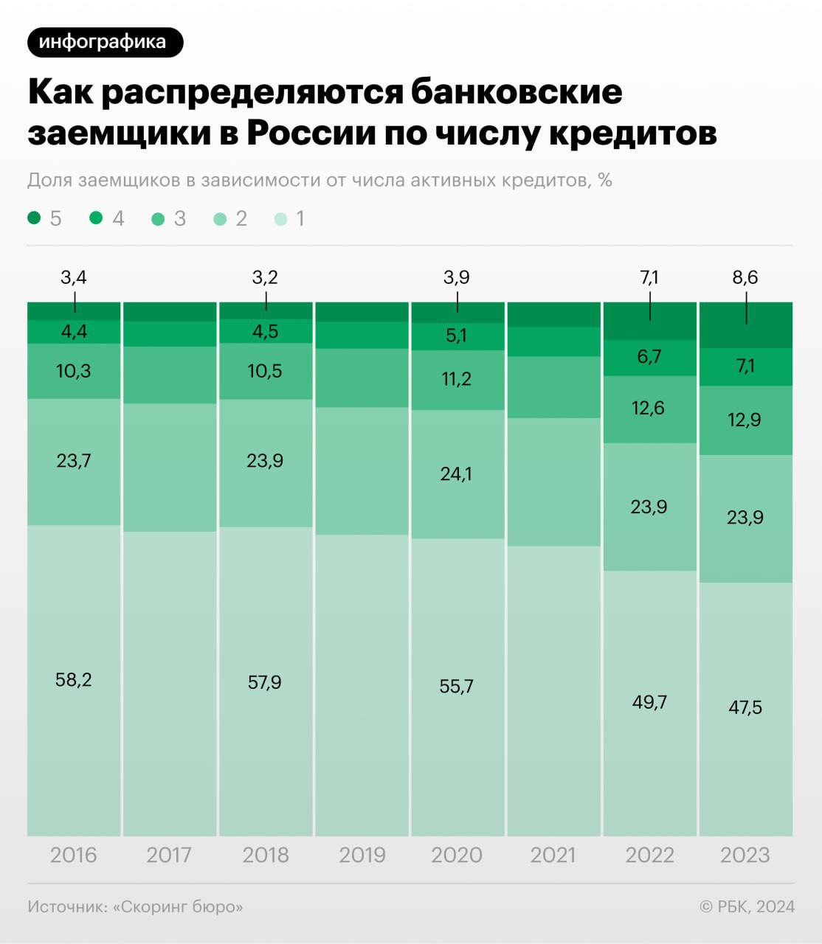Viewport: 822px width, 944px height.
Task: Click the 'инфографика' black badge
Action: [x=106, y=43]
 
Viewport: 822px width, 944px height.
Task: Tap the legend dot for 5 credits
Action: [x=34, y=218]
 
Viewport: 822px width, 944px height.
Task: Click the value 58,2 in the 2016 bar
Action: [x=73, y=680]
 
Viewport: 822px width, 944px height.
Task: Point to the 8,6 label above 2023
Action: [x=745, y=277]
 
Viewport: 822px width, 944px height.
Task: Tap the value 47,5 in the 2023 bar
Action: [x=745, y=707]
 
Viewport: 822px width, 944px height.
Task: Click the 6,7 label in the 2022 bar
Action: [x=649, y=357]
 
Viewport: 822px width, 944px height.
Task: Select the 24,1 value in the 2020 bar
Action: [x=456, y=474]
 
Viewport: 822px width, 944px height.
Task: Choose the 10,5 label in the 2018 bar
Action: [x=264, y=372]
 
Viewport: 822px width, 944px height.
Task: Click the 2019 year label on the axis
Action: [x=362, y=855]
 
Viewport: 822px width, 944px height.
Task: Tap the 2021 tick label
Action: [x=553, y=855]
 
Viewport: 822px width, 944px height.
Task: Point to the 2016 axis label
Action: [x=73, y=855]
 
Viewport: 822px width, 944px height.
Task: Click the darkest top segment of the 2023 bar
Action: [x=746, y=324]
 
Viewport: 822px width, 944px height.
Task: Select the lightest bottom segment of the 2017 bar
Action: [x=170, y=684]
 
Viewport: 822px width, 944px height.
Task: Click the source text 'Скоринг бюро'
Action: [x=178, y=907]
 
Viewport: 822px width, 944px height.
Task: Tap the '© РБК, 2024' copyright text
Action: [x=747, y=906]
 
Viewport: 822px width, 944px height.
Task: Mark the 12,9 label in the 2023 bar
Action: [x=745, y=420]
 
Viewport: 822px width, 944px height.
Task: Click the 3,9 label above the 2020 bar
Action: [x=457, y=277]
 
